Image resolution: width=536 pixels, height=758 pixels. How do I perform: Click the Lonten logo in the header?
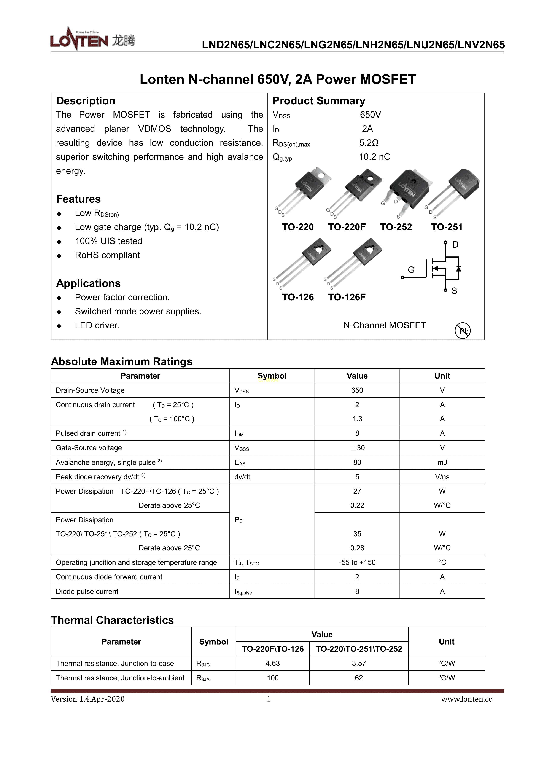(x=92, y=39)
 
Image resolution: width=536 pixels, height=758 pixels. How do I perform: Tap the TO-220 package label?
(x=298, y=227)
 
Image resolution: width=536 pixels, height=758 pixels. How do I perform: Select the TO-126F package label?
(x=347, y=297)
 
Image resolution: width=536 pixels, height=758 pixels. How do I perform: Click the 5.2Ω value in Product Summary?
(x=369, y=143)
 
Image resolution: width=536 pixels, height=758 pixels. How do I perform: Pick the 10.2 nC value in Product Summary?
(x=374, y=157)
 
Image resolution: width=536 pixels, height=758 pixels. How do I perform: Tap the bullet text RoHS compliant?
(x=107, y=255)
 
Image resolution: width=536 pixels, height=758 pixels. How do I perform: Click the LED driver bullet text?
(x=97, y=325)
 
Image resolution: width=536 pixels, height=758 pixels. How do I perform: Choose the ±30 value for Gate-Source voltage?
(x=357, y=448)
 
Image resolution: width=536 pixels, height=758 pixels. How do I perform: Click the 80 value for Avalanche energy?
(x=357, y=462)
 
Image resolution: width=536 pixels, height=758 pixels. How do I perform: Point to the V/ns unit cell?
(x=442, y=477)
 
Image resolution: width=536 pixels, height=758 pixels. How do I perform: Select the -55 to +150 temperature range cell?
(x=357, y=562)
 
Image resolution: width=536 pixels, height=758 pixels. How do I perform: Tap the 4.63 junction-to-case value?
(x=273, y=663)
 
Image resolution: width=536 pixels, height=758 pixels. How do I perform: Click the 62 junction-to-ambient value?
(x=359, y=678)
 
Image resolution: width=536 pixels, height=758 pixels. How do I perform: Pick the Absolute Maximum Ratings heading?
(x=121, y=361)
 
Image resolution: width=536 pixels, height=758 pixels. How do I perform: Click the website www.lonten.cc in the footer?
(x=466, y=699)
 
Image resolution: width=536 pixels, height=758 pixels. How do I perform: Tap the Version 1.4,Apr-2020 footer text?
(x=88, y=699)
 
